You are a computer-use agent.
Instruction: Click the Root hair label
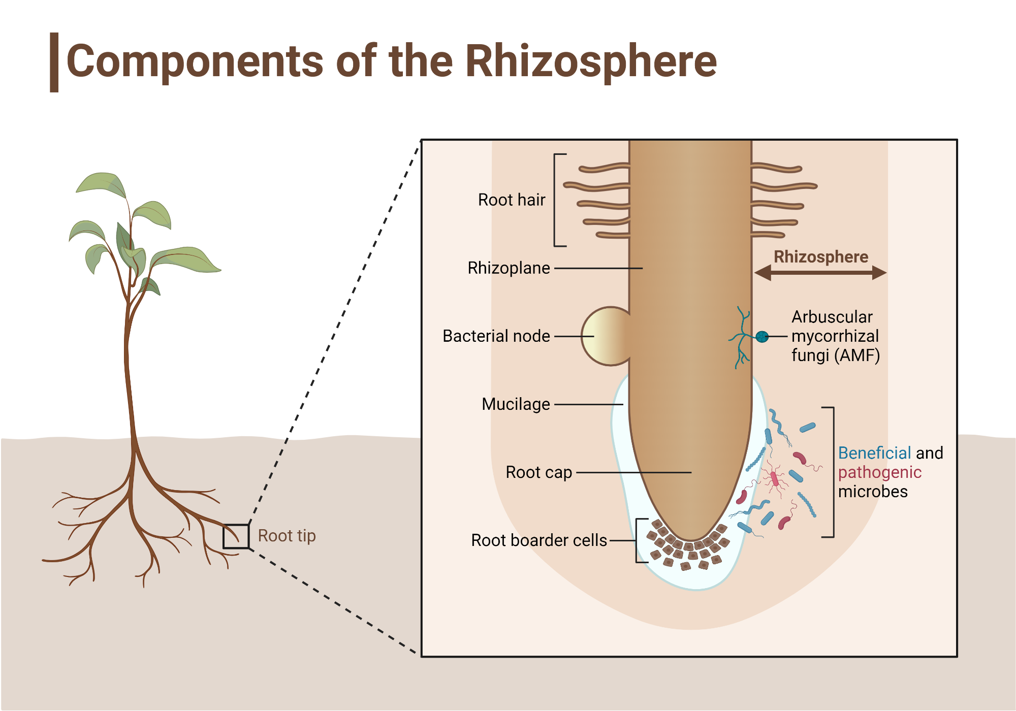click(511, 200)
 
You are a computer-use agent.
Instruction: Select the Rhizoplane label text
click(509, 268)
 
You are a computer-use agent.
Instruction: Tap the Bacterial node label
click(496, 336)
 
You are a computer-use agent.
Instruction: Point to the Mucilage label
click(516, 404)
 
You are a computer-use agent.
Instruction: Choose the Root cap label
click(538, 472)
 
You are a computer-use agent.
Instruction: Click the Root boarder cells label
click(538, 540)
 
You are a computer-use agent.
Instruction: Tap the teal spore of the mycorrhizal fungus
click(761, 336)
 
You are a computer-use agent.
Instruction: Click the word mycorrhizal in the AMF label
click(835, 336)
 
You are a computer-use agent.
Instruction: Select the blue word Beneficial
click(874, 453)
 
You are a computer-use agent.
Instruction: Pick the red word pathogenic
click(879, 472)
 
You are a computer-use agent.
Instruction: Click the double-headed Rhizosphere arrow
click(820, 273)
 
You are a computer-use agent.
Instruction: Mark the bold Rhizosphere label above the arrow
click(820, 257)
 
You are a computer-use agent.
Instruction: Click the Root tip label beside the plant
click(287, 536)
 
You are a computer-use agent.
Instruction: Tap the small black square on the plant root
click(236, 536)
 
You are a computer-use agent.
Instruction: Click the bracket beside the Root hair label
click(556, 200)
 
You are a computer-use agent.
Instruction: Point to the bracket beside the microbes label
click(832, 472)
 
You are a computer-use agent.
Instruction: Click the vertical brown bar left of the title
click(54, 62)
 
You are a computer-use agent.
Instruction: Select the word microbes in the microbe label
click(872, 492)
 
